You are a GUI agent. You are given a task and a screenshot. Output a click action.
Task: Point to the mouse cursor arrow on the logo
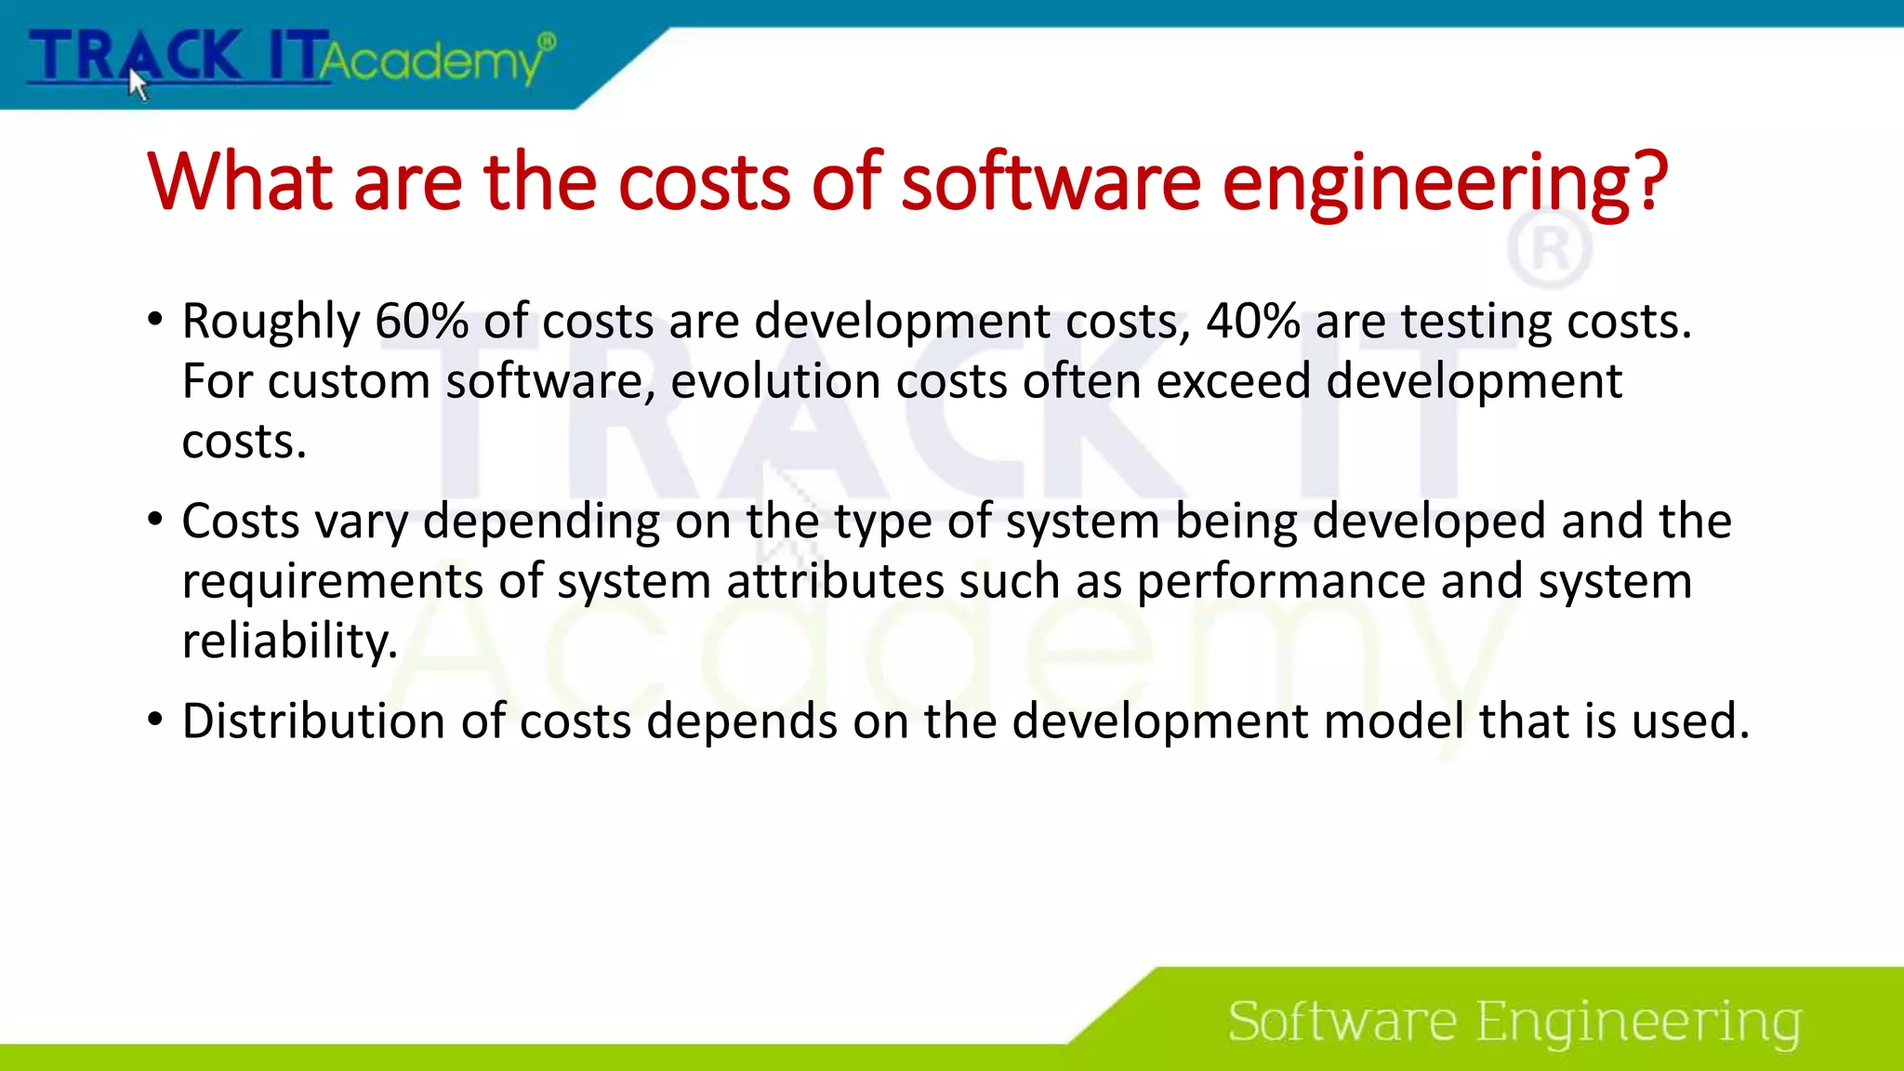(138, 84)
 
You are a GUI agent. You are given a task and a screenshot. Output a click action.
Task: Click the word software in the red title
(1051, 182)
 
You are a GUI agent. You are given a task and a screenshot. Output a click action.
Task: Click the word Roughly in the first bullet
(271, 322)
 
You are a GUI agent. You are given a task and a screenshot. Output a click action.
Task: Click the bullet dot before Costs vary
(155, 520)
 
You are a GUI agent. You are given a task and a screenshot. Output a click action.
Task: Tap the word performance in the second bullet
(1281, 582)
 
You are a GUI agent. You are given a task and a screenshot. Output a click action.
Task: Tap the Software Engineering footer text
(1514, 1022)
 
